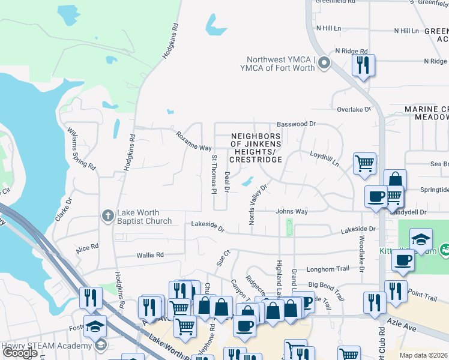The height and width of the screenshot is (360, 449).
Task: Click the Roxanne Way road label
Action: pyautogui.click(x=193, y=140)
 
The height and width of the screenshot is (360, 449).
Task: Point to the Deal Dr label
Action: pyautogui.click(x=227, y=182)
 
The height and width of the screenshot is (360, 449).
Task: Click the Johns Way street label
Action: pyautogui.click(x=292, y=211)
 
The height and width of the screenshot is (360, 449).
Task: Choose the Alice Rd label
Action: pyautogui.click(x=87, y=247)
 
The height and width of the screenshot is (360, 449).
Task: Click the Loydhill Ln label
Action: pyautogui.click(x=324, y=159)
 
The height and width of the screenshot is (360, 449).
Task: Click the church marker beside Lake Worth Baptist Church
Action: pyautogui.click(x=107, y=216)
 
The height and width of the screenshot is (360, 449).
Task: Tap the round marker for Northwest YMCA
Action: pyautogui.click(x=325, y=63)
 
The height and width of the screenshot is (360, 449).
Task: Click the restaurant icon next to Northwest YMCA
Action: pyautogui.click(x=363, y=64)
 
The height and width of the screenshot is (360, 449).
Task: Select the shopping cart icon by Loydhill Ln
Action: pyautogui.click(x=364, y=163)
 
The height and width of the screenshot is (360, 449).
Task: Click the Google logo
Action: pyautogui.click(x=20, y=353)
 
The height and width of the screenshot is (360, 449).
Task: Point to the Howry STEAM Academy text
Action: pyautogui.click(x=47, y=346)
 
